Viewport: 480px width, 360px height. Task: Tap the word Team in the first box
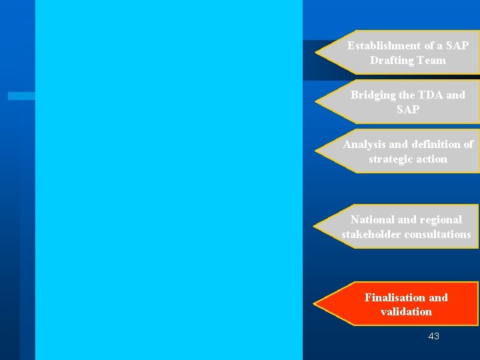432,61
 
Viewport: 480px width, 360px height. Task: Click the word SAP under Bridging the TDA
408,110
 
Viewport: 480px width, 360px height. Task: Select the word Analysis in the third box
365,145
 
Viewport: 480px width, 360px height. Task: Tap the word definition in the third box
437,145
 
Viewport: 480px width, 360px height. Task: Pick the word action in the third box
432,159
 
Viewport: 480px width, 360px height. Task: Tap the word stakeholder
371,235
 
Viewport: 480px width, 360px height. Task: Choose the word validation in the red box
406,312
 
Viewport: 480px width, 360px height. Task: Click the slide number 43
433,337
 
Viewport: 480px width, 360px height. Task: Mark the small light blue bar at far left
21,96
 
